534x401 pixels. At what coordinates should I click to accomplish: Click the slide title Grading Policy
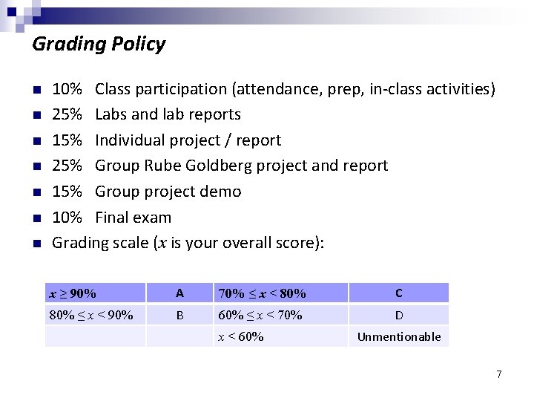pos(99,45)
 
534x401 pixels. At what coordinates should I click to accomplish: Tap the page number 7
pos(499,374)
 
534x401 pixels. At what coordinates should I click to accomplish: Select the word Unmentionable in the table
pos(399,337)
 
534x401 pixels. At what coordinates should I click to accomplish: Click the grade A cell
pos(179,293)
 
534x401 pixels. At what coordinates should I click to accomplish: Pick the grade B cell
pos(179,315)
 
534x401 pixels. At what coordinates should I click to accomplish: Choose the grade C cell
pos(399,293)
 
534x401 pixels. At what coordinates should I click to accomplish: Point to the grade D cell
pos(399,315)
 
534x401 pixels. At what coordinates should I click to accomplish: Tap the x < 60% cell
pos(240,337)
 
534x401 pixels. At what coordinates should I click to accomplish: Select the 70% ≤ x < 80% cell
pos(262,293)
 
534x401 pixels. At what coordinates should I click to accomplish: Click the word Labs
pos(111,114)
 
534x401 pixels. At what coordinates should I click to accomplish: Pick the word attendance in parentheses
pos(273,89)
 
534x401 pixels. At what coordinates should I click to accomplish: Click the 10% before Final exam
pos(67,218)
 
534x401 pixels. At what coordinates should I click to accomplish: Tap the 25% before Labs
pos(67,114)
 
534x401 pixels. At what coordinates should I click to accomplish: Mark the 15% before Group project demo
pos(67,192)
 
